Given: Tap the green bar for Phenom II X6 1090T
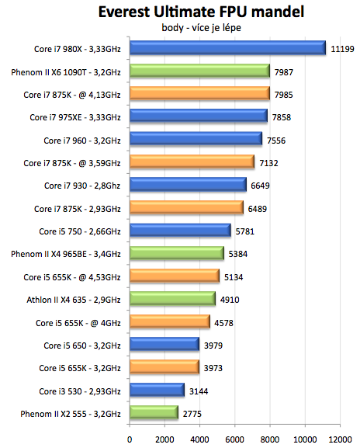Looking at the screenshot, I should pyautogui.click(x=199, y=71).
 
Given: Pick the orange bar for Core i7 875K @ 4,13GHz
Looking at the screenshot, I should pyautogui.click(x=199, y=94).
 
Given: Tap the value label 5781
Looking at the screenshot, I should pyautogui.click(x=248, y=231).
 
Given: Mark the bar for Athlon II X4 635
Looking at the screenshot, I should pyautogui.click(x=172, y=299).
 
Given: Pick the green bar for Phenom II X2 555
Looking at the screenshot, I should pyautogui.click(x=154, y=412).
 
